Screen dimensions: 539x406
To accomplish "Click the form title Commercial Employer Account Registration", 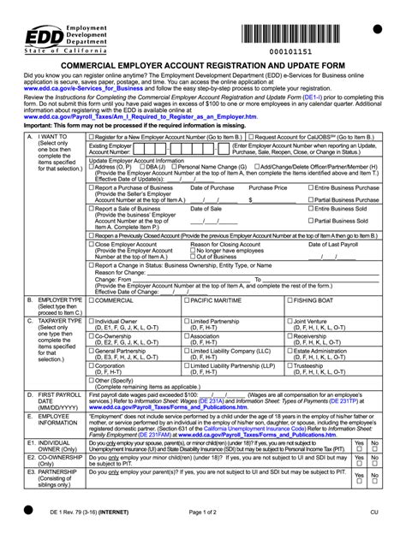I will click(202, 65).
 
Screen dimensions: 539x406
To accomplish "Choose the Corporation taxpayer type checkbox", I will click(91, 365).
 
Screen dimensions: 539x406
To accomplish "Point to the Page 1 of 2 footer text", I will click(202, 512).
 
